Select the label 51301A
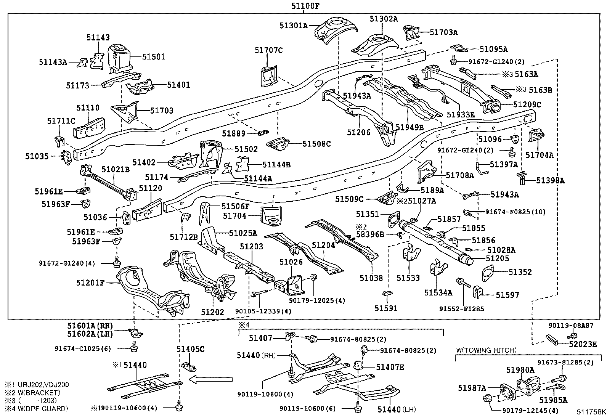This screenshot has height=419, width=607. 293,26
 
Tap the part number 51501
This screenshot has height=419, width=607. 154,56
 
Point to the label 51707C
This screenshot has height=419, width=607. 269,50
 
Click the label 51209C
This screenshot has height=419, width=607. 527,104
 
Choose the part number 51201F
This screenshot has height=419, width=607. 90,283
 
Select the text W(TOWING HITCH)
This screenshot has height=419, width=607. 487,350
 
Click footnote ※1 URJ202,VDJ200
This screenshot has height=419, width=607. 37,385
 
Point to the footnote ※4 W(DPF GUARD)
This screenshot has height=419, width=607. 37,409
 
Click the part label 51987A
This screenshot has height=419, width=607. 472,388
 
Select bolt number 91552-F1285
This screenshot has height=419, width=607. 461,308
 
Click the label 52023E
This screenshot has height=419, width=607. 583,344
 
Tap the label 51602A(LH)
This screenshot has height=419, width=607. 90,334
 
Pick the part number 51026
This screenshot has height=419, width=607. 291,262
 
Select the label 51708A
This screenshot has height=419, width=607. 460,175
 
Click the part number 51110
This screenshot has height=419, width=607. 88,108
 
